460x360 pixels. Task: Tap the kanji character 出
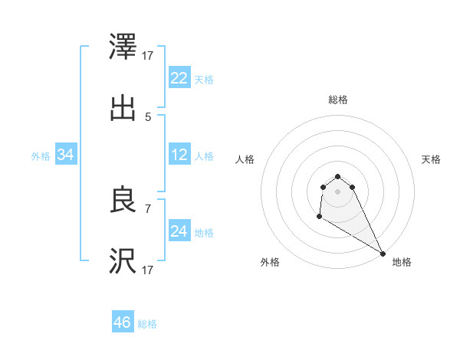pyautogui.click(x=123, y=108)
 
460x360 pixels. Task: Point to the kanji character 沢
pyautogui.click(x=123, y=261)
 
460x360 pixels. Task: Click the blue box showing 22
pyautogui.click(x=179, y=77)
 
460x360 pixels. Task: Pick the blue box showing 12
pyautogui.click(x=179, y=155)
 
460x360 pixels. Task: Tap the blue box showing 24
pyautogui.click(x=179, y=231)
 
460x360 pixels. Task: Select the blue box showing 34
pyautogui.click(x=66, y=155)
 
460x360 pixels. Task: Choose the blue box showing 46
pyautogui.click(x=123, y=322)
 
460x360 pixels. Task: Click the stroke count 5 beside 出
pyautogui.click(x=148, y=117)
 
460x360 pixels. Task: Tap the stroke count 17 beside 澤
pyautogui.click(x=148, y=56)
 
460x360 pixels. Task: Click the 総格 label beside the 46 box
pyautogui.click(x=147, y=324)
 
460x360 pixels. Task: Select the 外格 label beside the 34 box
pyautogui.click(x=41, y=156)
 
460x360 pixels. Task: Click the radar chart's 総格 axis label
pyautogui.click(x=338, y=100)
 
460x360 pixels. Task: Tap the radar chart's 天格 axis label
pyautogui.click(x=432, y=159)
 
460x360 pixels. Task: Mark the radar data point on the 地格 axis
pyautogui.click(x=383, y=253)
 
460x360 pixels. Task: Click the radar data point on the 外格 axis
pyautogui.click(x=319, y=218)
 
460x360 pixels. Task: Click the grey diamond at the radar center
pyautogui.click(x=338, y=191)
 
